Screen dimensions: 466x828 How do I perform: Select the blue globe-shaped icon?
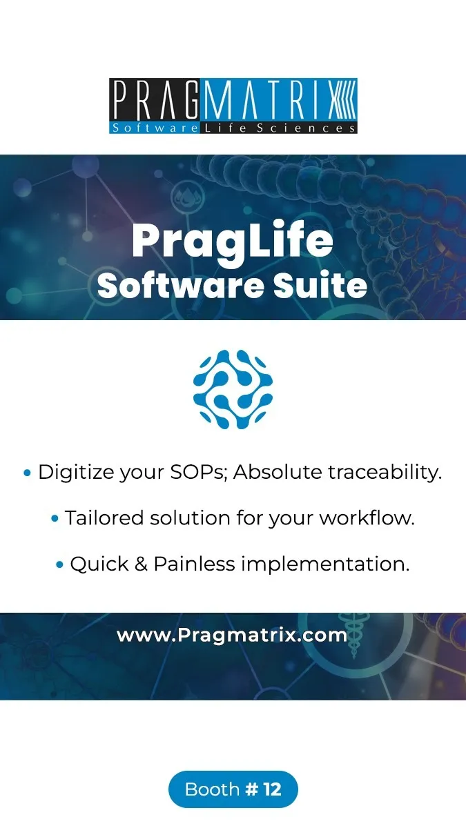(233, 389)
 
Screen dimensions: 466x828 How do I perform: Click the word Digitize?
(76, 473)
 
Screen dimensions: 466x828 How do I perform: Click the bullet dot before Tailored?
(55, 519)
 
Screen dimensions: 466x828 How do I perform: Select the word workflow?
(367, 517)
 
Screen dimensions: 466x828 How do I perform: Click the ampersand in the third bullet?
(141, 564)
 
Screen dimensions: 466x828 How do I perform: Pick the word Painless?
(194, 564)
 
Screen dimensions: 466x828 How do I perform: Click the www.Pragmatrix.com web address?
(232, 635)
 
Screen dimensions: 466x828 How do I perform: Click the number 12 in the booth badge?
(273, 789)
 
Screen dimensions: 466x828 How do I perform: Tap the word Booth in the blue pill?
(213, 789)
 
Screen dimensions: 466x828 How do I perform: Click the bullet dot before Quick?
(60, 565)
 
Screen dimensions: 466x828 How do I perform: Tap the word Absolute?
(278, 472)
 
